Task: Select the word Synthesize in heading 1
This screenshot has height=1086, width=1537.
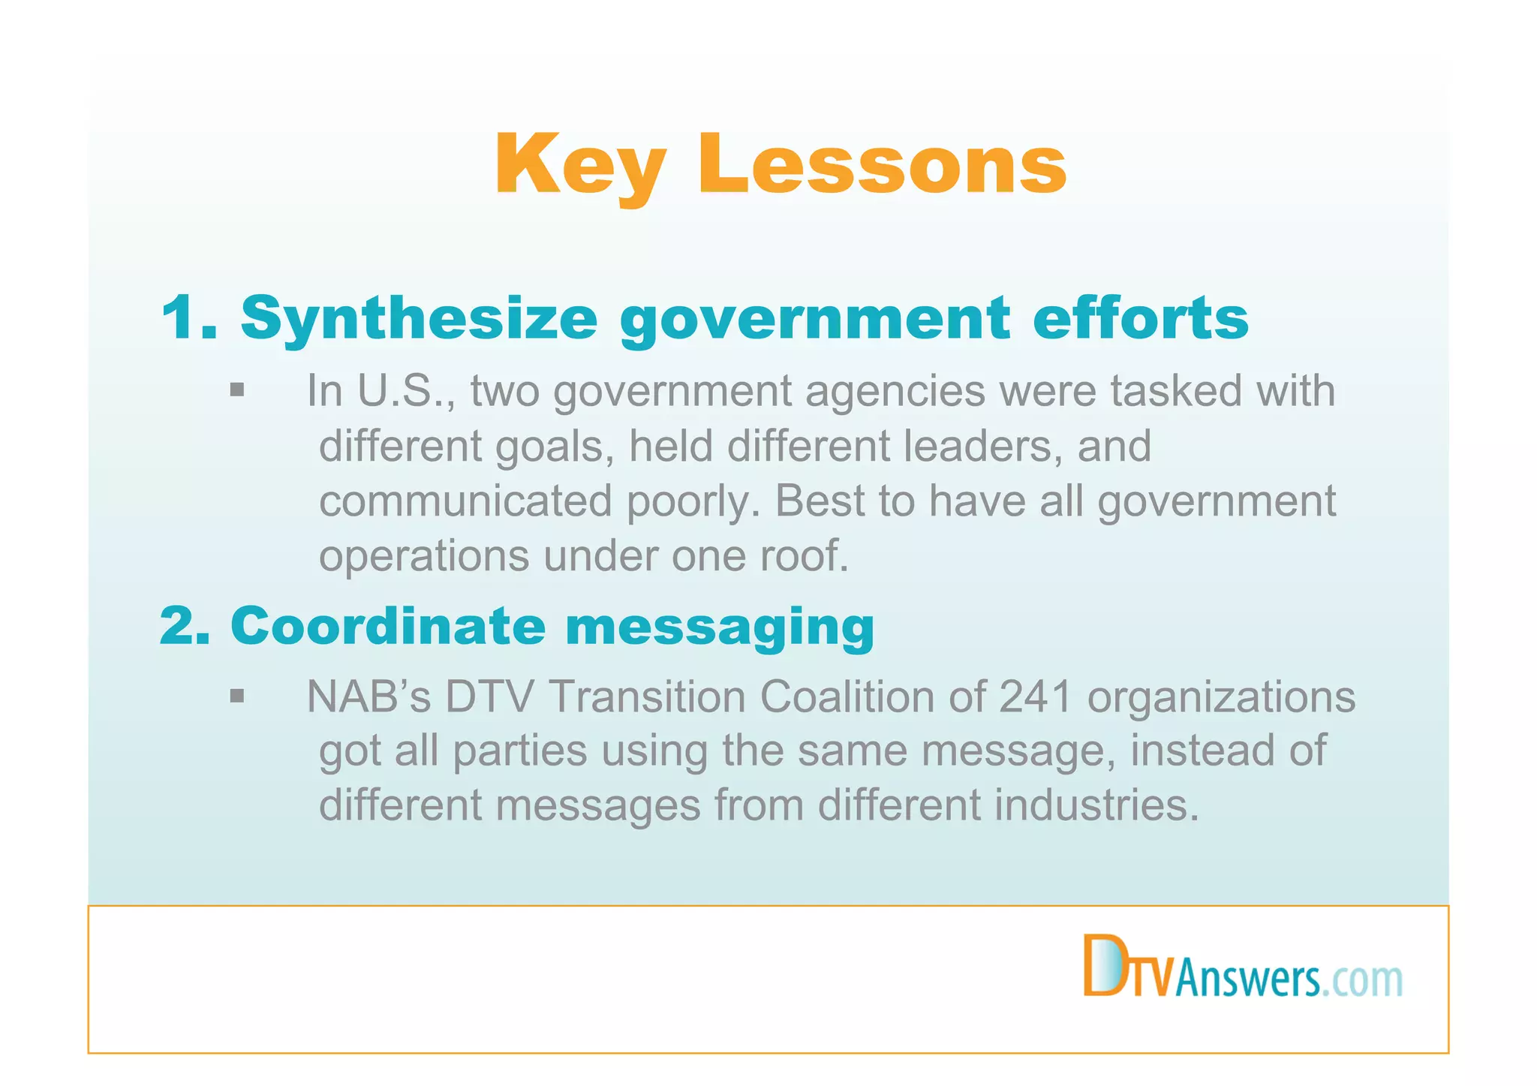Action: [419, 318]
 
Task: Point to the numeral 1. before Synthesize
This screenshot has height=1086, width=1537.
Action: [188, 318]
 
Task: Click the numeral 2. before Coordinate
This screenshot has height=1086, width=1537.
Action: [185, 626]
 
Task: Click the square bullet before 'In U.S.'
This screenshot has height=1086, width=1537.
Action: [237, 390]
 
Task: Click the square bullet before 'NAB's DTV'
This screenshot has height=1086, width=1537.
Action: [237, 696]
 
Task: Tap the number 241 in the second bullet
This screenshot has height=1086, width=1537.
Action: [1035, 696]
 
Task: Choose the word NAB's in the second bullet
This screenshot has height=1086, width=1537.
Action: [368, 696]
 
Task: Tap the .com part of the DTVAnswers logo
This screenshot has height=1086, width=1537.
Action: [1361, 980]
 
